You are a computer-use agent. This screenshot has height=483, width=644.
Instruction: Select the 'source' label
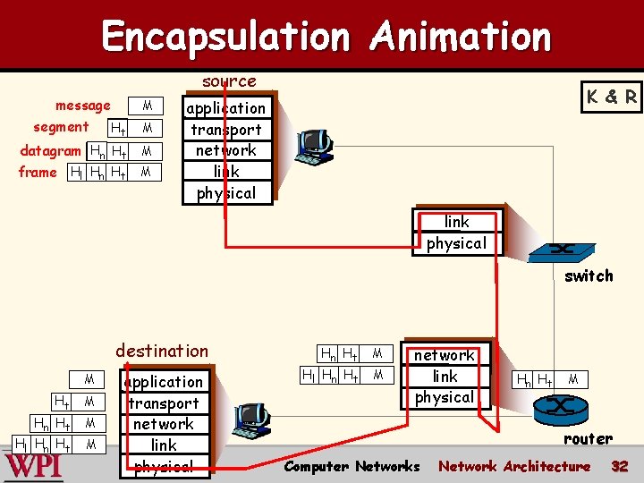coord(229,81)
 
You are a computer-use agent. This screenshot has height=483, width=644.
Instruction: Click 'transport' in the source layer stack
coord(226,129)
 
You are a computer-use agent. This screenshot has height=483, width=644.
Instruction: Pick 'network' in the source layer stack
coord(226,150)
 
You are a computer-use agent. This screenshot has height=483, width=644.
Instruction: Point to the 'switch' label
coord(589,275)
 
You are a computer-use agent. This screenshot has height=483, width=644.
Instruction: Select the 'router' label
coord(588,438)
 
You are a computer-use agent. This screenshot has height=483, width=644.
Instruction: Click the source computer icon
coord(316,146)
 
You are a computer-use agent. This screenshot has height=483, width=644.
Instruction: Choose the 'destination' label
coord(162,351)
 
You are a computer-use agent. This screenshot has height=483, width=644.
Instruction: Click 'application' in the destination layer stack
coord(165,382)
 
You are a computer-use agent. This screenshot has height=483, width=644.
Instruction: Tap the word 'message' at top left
coord(83,106)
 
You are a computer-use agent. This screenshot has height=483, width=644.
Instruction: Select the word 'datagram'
coord(50,150)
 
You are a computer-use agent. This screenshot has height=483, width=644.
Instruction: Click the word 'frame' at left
coord(38,172)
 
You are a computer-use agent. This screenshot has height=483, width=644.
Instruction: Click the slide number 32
coord(619,466)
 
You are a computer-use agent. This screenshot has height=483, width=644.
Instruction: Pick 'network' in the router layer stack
coord(445,355)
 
